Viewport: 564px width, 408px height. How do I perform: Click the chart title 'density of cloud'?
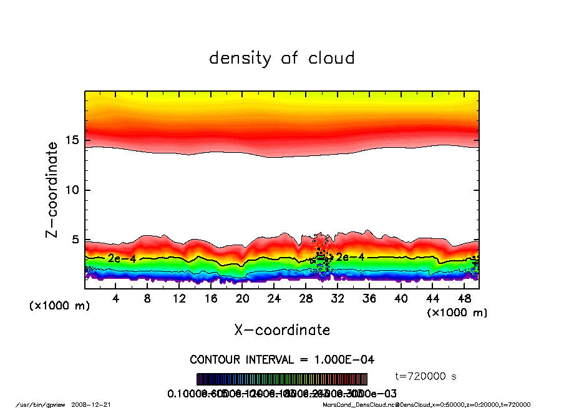[282, 59]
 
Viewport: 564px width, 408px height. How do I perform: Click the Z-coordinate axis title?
[52, 190]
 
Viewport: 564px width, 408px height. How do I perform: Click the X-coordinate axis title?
[282, 330]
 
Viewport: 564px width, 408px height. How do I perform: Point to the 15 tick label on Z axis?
[72, 140]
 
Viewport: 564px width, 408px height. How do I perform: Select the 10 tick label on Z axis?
[72, 190]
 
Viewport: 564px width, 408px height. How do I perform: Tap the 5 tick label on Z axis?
[76, 240]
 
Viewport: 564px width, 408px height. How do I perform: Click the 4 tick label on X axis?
[116, 299]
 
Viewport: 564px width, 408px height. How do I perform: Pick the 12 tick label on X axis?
[179, 299]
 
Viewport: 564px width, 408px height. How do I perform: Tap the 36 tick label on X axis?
[369, 299]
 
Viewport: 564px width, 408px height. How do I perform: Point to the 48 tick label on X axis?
[464, 299]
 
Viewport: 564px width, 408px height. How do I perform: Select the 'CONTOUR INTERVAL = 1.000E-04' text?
[282, 360]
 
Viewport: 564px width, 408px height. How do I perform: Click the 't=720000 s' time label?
[427, 376]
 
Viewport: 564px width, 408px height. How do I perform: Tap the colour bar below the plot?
[282, 379]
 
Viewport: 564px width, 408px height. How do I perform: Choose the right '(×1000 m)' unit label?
[457, 313]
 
